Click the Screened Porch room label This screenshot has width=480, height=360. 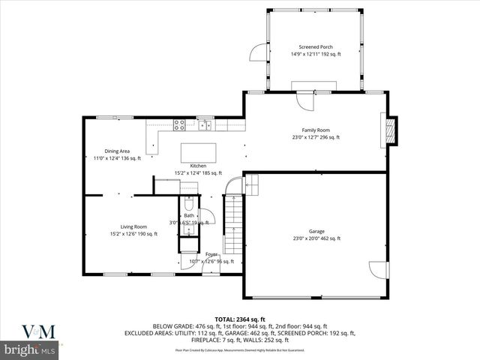pos(316,46)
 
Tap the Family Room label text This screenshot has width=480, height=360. pos(316,130)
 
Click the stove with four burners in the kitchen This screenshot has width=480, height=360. pos(180,124)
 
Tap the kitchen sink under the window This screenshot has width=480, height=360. pos(205,124)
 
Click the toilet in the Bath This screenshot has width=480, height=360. pos(188,204)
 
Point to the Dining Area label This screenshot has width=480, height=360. pos(117,151)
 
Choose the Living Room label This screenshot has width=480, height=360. pos(133,226)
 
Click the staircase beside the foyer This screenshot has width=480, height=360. pos(235,221)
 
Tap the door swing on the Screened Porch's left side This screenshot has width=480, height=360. pos(258,52)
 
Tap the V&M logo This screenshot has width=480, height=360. pos(29,331)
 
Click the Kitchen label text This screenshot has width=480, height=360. pos(198,166)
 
